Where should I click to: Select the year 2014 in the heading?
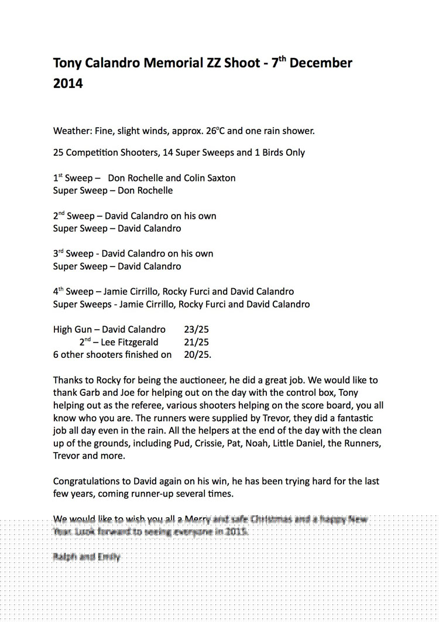tap(68, 83)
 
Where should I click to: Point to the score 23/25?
tap(196, 330)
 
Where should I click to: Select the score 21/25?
tap(196, 342)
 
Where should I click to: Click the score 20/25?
tap(197, 354)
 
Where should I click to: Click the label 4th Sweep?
tap(73, 291)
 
